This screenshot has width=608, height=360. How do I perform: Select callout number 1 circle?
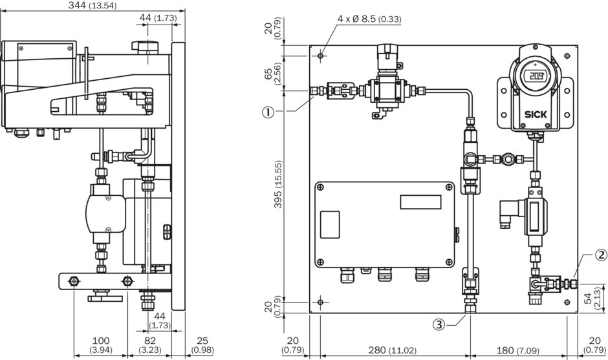(267, 112)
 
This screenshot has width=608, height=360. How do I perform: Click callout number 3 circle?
(439, 325)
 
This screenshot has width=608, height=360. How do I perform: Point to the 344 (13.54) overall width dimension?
(92, 6)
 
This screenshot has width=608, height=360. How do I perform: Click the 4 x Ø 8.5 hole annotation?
(371, 19)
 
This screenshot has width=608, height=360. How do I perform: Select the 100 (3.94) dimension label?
(100, 344)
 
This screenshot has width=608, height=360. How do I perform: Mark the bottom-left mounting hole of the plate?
(321, 302)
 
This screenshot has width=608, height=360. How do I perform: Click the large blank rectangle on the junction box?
(331, 224)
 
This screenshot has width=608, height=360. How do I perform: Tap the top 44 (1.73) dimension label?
(157, 18)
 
